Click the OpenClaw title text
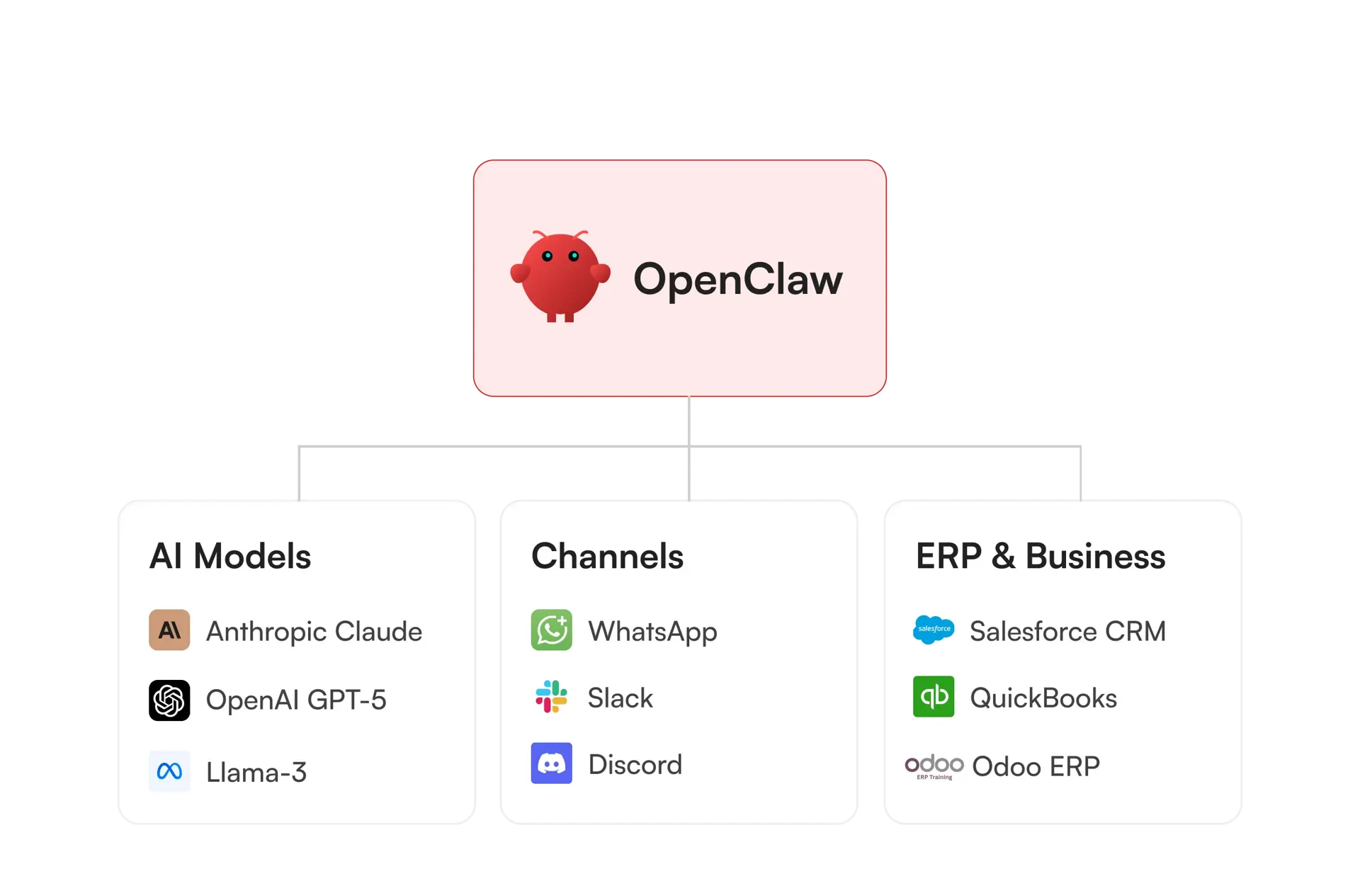coord(737,280)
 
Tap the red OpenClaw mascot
coord(560,277)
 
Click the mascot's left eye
coord(547,256)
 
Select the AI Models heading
coord(230,556)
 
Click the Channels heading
coord(607,556)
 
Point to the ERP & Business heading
coord(1040,556)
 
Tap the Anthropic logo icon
coord(169,630)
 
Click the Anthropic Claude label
coord(314,631)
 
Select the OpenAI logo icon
coord(169,700)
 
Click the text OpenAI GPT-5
coord(296,700)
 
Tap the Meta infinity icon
coord(169,771)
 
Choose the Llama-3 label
coord(256,772)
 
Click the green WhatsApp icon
coord(551,630)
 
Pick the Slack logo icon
coord(551,697)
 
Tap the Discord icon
coord(551,763)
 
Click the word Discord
coord(635,765)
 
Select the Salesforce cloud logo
coord(934,629)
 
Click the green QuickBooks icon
coord(934,697)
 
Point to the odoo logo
coord(934,766)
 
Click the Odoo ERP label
coord(1036,766)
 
